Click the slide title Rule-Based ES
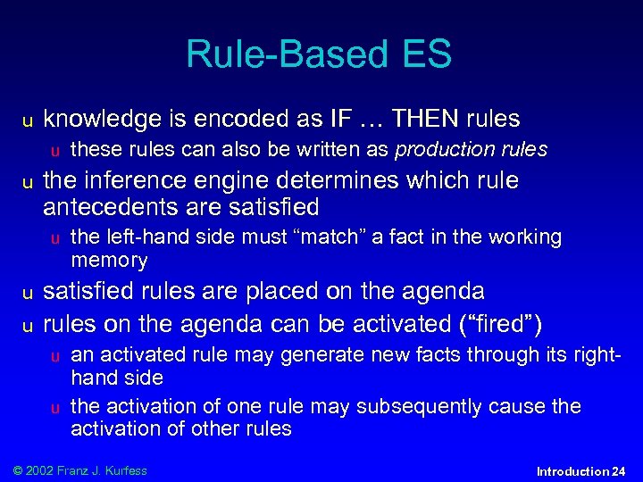tap(319, 54)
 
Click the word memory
tap(109, 261)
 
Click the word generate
tap(316, 355)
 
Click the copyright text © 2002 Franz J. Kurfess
tap(78, 470)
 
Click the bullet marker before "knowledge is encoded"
tap(28, 120)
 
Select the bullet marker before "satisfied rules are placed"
tap(28, 293)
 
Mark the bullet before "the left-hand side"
tap(55, 238)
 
